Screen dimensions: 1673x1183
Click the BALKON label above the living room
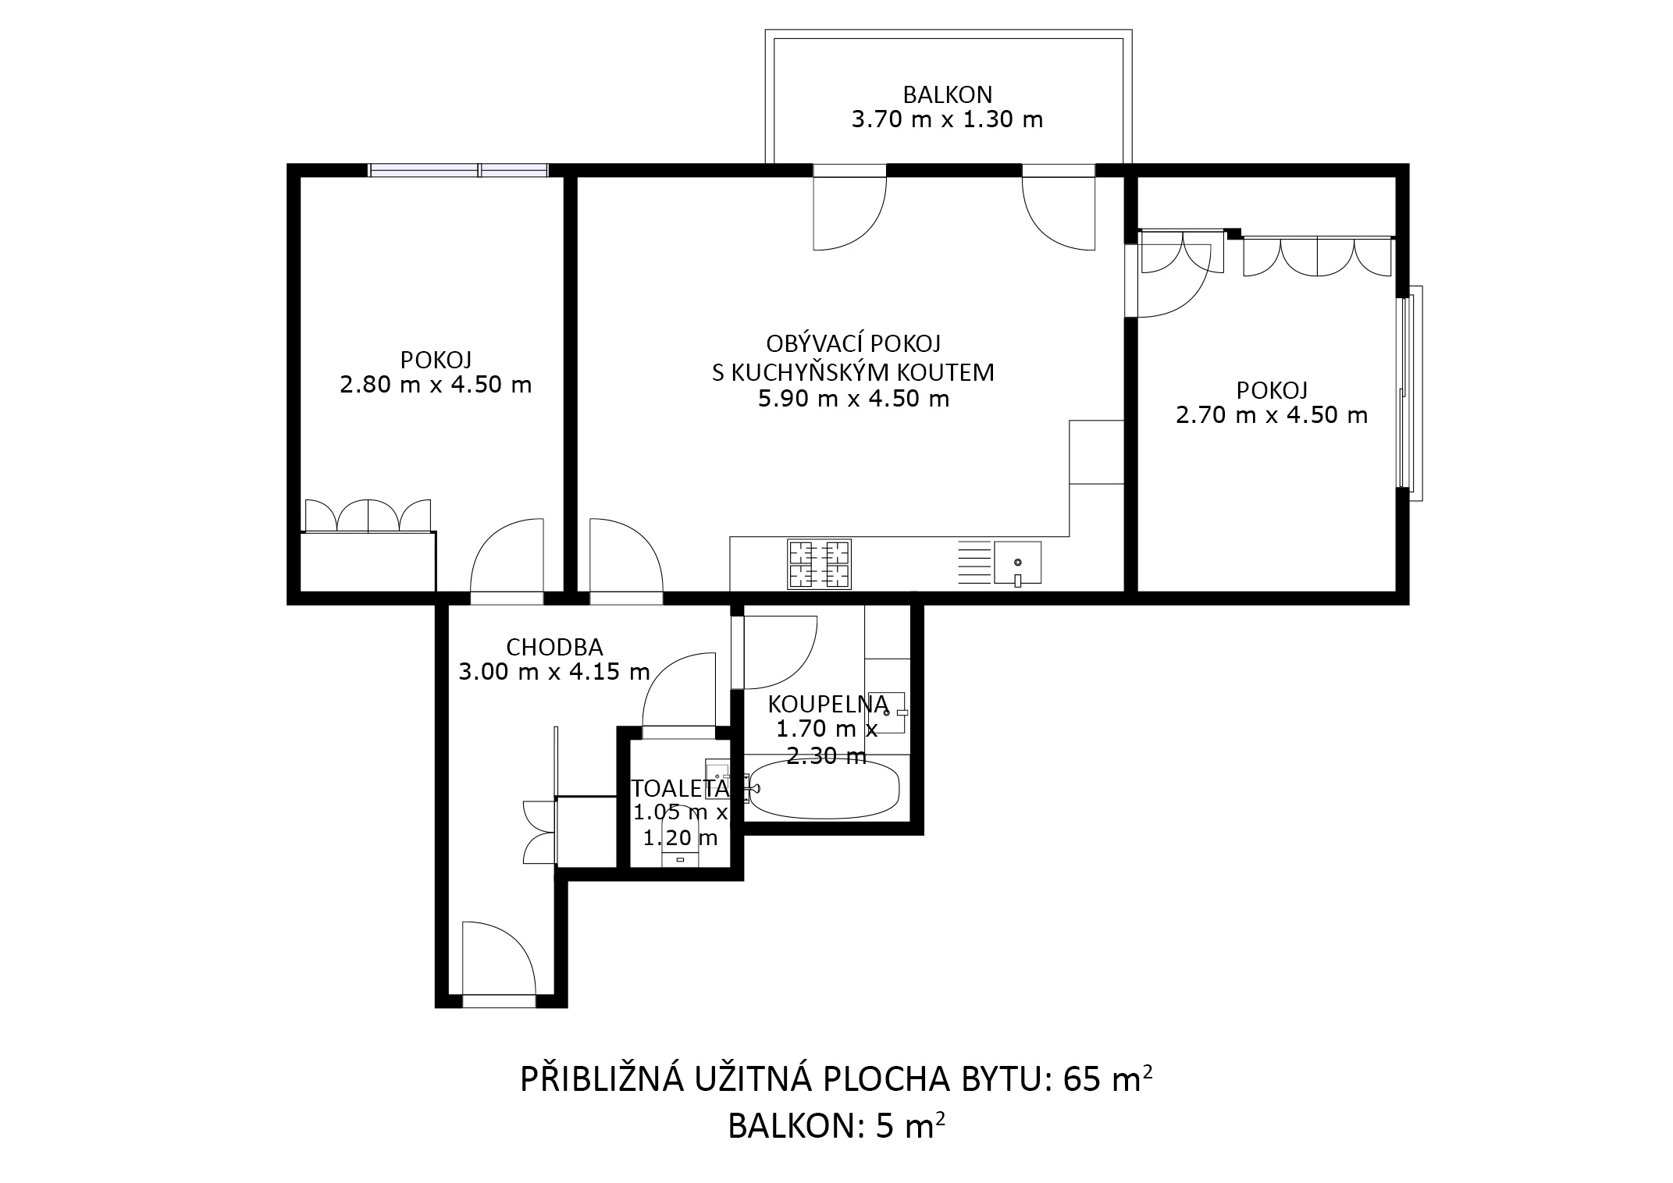pos(947,94)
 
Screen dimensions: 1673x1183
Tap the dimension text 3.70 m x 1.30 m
pos(947,120)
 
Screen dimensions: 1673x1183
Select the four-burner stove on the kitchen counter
pos(819,563)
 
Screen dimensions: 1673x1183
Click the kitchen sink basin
pos(1017,563)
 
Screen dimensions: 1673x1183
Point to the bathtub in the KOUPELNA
pos(824,789)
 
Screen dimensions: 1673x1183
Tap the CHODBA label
pos(554,647)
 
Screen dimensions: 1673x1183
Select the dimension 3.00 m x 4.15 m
pos(554,672)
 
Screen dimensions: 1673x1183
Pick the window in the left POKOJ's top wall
pos(458,170)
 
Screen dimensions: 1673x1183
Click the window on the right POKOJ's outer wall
pos(1410,393)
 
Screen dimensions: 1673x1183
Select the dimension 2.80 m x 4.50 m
pos(436,385)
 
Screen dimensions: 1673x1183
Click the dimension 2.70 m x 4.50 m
pos(1272,415)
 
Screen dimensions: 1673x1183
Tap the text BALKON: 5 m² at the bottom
pos(837,1126)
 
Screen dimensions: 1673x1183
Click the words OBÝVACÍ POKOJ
pos(853,343)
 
